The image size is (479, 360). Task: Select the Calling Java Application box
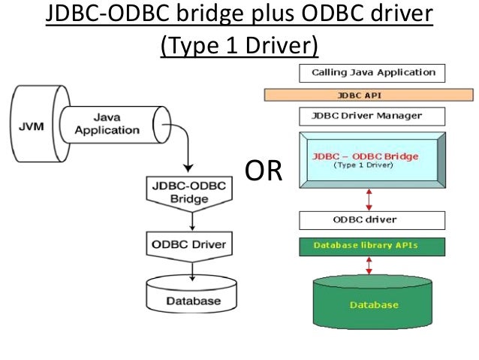pyautogui.click(x=372, y=73)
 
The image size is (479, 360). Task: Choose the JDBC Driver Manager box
pyautogui.click(x=372, y=116)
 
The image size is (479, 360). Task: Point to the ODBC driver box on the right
pyautogui.click(x=372, y=220)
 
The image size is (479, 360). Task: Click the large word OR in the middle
pyautogui.click(x=264, y=171)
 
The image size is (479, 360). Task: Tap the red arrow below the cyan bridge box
pyautogui.click(x=368, y=198)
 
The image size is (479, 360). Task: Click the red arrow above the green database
pyautogui.click(x=368, y=265)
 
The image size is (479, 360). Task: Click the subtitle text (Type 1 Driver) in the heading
pyautogui.click(x=239, y=46)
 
